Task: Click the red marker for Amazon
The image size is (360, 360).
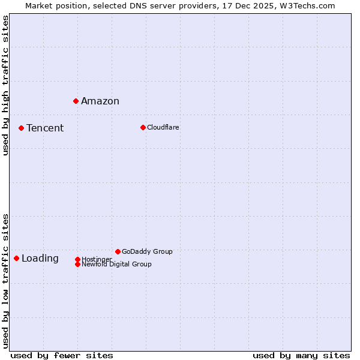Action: (x=76, y=101)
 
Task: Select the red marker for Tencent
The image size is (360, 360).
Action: (x=21, y=128)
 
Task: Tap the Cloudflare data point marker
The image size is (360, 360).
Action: (x=143, y=127)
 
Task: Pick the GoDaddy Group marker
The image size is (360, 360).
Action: (x=118, y=251)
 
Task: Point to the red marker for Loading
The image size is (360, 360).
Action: (x=16, y=258)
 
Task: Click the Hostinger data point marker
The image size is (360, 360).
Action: (x=77, y=259)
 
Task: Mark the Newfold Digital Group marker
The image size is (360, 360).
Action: (x=77, y=264)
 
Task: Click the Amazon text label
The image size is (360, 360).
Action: (x=100, y=101)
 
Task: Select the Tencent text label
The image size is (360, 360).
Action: (x=45, y=128)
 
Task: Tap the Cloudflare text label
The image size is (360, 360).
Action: (x=163, y=127)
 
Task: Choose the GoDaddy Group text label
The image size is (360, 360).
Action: (x=147, y=251)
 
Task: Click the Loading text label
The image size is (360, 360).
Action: (x=40, y=259)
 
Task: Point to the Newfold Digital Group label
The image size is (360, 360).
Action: (x=116, y=264)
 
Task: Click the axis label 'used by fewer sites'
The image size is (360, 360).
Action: (x=62, y=355)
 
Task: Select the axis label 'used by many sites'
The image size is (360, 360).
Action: (x=301, y=355)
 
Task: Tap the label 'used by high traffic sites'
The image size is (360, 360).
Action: (x=5, y=85)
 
